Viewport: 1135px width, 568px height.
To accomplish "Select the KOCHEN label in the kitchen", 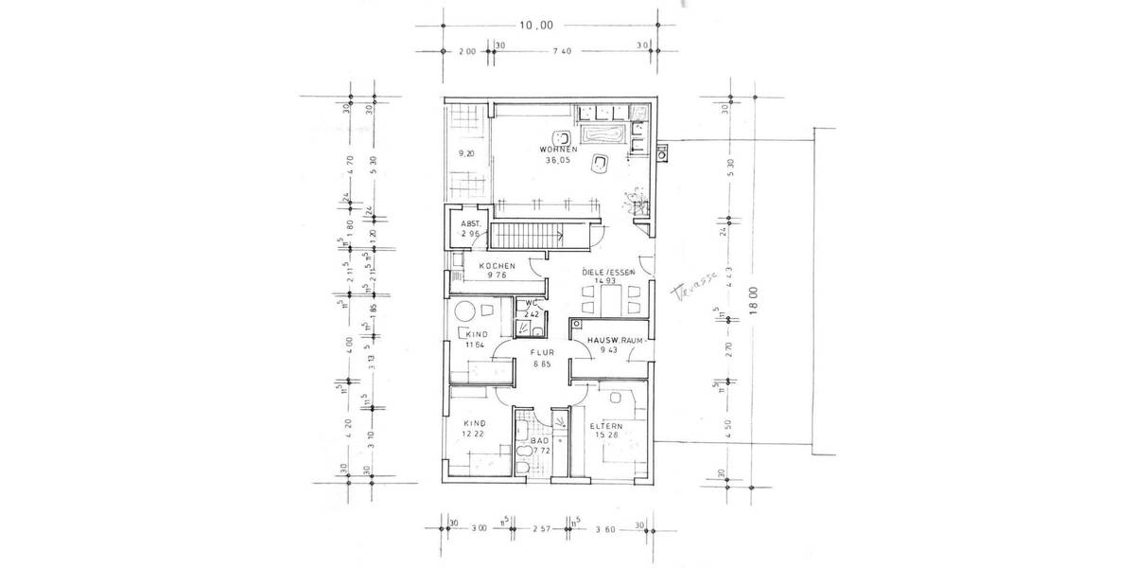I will (497, 266).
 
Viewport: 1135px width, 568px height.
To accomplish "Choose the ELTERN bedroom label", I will (604, 426).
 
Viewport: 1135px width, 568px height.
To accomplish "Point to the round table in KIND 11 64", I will (464, 312).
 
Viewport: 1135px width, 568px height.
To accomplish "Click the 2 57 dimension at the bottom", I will (540, 528).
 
